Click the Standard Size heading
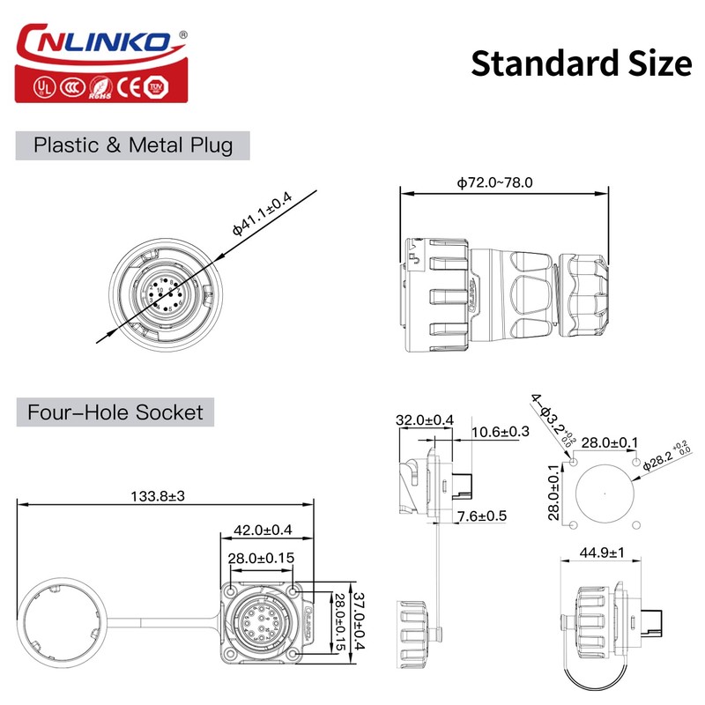581,63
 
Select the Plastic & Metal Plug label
133,145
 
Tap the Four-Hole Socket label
115,412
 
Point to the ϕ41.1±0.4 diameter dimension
262,212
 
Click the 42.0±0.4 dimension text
262,531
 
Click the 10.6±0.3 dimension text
501,432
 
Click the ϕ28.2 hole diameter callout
672,457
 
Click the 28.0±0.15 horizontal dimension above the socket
261,558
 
